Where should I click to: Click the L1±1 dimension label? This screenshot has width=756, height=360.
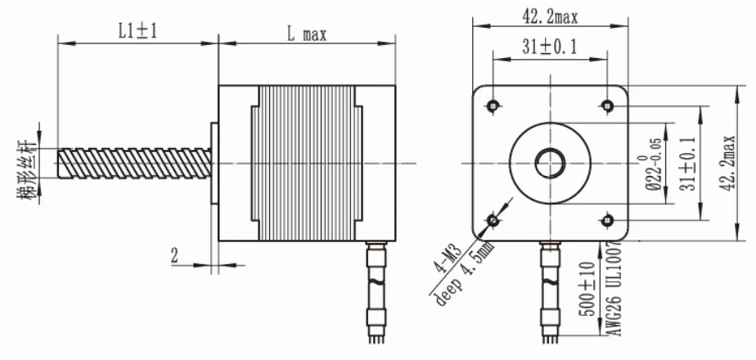tap(136, 32)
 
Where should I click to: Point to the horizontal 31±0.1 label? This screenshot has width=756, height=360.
tap(550, 48)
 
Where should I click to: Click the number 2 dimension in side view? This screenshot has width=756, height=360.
tap(174, 256)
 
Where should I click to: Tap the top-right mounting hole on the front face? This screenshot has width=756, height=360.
tap(607, 106)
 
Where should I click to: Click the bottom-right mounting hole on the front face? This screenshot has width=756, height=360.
tap(607, 220)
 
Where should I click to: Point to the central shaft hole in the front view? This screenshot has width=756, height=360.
tap(550, 163)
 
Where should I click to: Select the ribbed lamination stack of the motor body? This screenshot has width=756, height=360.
tap(308, 163)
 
